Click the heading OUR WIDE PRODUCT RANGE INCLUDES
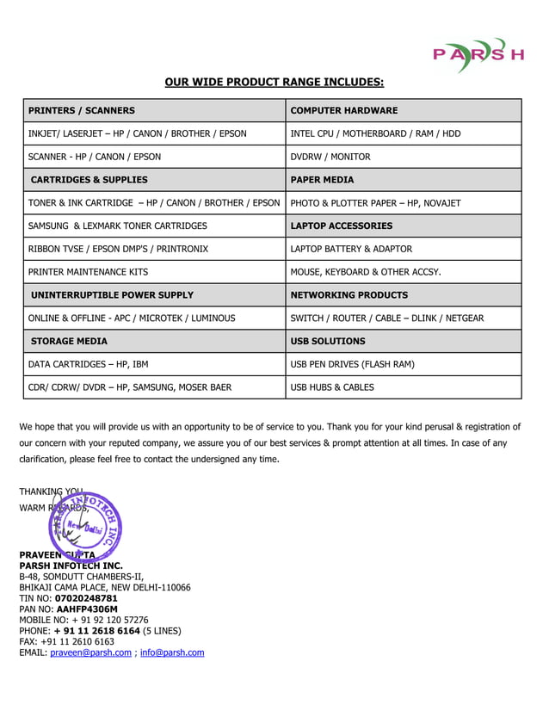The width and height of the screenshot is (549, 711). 274,83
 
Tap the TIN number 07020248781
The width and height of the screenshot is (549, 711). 86,598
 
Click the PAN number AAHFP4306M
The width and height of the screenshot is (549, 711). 87,609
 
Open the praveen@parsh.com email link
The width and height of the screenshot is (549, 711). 90,652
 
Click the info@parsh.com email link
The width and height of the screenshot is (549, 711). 172,652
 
